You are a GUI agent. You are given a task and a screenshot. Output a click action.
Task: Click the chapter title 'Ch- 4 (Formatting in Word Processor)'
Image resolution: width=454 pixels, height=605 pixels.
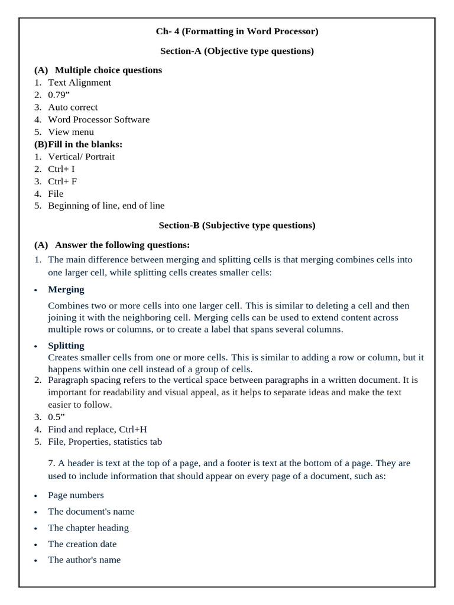[237, 31]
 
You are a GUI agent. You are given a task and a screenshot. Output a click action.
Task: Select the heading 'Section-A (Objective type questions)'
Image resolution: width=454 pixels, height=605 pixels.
[237, 51]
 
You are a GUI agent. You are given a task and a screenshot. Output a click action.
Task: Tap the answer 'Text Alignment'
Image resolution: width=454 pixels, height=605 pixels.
[79, 83]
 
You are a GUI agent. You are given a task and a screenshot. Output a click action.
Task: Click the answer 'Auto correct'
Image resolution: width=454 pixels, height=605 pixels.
[73, 107]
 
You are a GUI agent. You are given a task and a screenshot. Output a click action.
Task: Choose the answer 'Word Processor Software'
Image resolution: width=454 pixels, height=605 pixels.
[99, 119]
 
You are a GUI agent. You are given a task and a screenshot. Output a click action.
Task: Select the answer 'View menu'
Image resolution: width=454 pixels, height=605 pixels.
[71, 132]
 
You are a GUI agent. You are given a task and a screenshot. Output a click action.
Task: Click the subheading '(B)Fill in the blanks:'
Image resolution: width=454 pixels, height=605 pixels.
[78, 144]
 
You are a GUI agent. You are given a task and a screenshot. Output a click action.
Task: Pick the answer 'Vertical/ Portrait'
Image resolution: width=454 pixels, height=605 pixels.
[82, 157]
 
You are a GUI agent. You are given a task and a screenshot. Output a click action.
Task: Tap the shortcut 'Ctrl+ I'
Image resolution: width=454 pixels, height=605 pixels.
[61, 169]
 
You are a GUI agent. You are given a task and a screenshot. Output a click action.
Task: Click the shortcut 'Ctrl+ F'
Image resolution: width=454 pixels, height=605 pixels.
[63, 181]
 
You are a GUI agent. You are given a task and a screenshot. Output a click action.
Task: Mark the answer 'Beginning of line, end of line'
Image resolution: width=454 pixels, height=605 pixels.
[106, 206]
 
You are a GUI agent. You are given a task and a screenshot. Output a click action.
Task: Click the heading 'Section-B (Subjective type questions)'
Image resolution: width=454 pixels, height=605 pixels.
[237, 225]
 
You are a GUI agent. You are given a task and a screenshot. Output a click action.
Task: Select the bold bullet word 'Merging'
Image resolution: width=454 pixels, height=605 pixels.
[66, 290]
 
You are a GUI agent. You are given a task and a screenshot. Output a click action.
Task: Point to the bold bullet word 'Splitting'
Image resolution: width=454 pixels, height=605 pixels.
[66, 345]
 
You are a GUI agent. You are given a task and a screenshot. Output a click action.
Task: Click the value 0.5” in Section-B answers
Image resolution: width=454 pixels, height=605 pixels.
[57, 417]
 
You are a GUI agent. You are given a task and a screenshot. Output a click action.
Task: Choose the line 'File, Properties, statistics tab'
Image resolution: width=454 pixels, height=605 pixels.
[105, 442]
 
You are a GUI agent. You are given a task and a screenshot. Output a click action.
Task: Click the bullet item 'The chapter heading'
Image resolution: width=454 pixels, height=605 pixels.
[89, 528]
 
